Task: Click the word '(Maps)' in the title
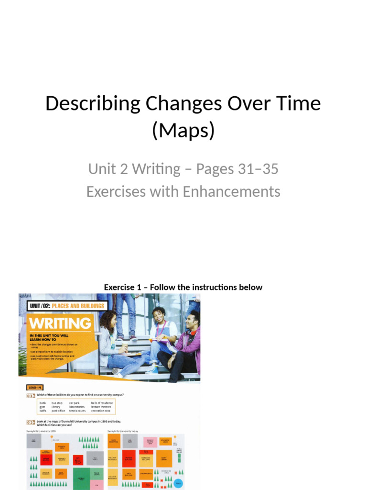coord(183,130)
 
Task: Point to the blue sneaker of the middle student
coord(152,369)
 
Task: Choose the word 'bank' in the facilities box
coord(43,403)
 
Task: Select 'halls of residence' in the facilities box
coord(102,403)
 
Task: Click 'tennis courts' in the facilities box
coord(77,411)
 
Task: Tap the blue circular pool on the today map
coord(178,483)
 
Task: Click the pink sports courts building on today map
coord(150,441)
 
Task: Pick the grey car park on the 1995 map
coord(33,441)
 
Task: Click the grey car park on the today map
coord(130,441)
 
